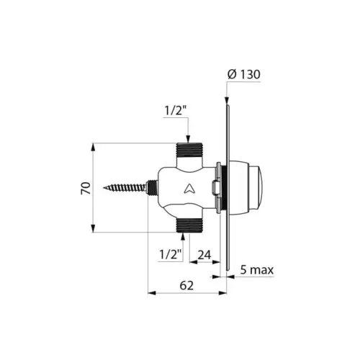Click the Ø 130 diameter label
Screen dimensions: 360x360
point(246,74)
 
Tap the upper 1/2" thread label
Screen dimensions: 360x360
point(176,111)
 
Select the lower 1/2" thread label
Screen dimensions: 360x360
point(169,255)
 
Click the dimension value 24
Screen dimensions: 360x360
point(204,254)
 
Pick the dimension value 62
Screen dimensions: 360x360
point(187,284)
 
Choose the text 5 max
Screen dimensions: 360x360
point(258,271)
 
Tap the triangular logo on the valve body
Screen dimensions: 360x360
point(188,189)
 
